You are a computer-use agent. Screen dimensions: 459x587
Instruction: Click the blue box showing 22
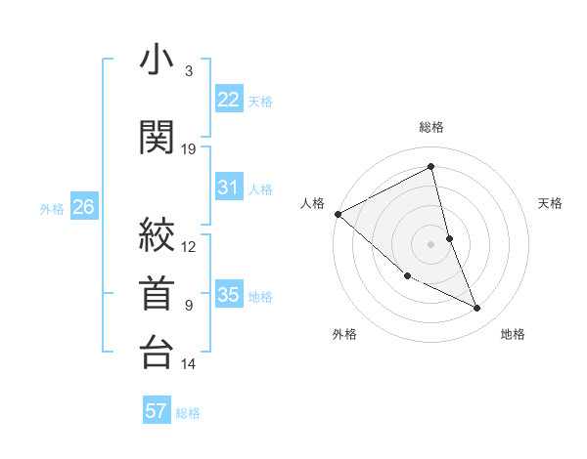click(x=228, y=100)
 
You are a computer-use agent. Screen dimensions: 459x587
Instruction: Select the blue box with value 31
click(x=228, y=188)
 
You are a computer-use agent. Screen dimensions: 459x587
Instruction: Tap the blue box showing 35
click(x=228, y=296)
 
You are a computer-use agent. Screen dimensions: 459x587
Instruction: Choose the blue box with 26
click(x=84, y=207)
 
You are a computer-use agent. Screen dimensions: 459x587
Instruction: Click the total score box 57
click(x=157, y=411)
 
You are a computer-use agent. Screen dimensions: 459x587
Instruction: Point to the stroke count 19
click(x=189, y=149)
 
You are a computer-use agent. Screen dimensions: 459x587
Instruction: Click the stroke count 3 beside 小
click(x=189, y=71)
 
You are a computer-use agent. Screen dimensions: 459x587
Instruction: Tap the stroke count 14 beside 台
click(x=189, y=364)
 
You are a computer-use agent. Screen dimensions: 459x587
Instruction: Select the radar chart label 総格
click(x=431, y=128)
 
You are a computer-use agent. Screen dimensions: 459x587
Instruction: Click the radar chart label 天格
click(x=551, y=203)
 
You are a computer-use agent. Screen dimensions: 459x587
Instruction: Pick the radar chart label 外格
click(x=344, y=335)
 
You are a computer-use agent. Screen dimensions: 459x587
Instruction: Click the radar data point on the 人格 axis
click(x=338, y=214)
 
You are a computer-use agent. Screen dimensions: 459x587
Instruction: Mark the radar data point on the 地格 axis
click(x=477, y=309)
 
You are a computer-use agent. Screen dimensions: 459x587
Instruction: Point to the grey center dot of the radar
click(x=431, y=243)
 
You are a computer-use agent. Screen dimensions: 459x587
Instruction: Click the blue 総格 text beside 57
click(x=188, y=413)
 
